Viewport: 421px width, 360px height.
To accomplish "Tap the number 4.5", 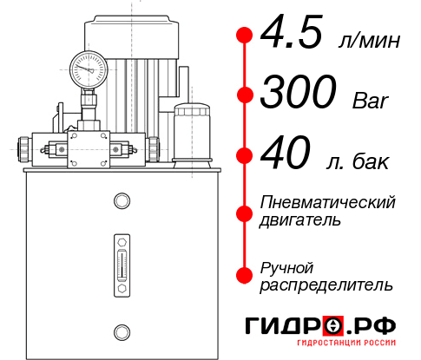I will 292,36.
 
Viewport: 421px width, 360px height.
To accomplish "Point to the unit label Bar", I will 372,101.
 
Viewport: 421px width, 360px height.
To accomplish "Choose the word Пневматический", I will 327,202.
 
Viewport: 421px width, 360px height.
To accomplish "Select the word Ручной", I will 287,266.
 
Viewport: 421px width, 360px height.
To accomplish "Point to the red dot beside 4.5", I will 245,36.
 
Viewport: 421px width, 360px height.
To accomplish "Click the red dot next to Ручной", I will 245,274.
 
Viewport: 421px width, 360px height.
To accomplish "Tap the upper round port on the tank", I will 121,202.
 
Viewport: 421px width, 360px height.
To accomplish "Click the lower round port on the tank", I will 121,330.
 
